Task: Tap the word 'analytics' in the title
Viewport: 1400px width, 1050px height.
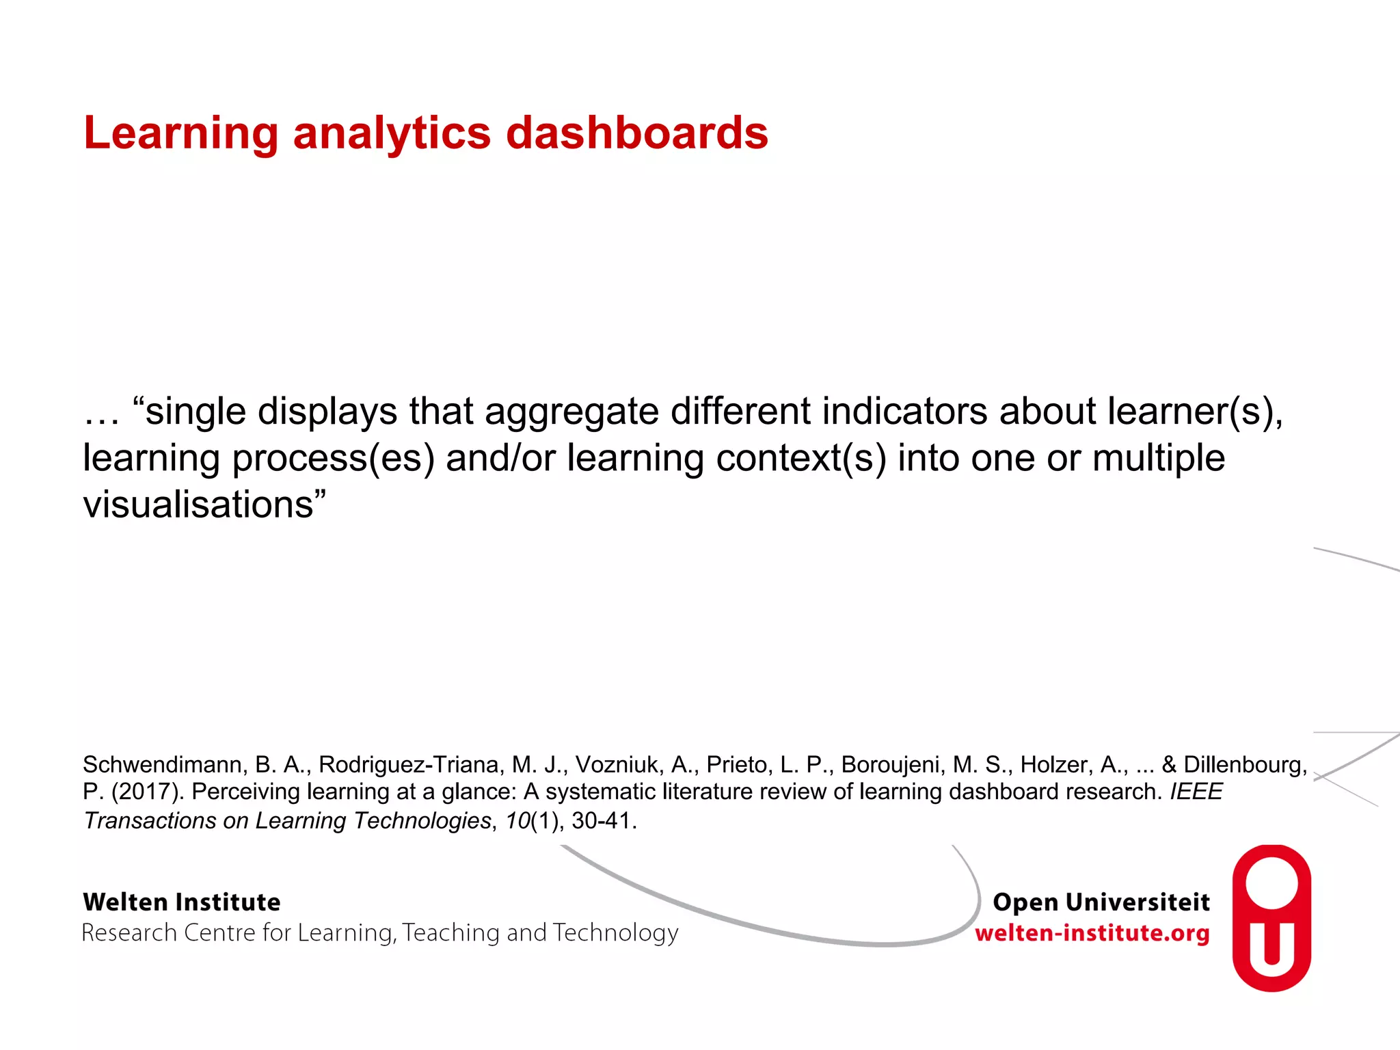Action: [x=392, y=133]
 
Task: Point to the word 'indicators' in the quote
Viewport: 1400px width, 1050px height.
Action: [x=904, y=411]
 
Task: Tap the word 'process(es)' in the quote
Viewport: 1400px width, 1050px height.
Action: [x=334, y=458]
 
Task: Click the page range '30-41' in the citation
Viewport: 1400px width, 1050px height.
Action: [x=601, y=820]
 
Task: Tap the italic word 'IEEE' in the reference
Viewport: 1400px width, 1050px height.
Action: [x=1196, y=792]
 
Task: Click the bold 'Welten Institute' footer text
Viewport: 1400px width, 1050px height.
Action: [x=182, y=902]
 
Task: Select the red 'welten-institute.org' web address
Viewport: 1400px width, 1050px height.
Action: [x=1092, y=933]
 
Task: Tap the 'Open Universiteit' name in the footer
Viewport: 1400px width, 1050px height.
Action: [x=1101, y=902]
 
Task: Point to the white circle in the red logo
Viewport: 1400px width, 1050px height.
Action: [x=1271, y=882]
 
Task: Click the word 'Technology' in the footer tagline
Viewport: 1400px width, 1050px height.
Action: [x=615, y=933]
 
